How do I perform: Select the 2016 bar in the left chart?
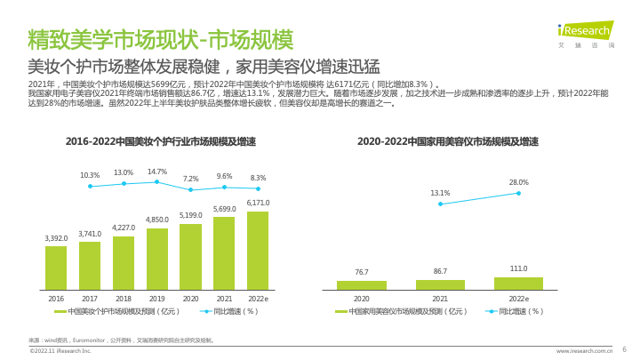pyautogui.click(x=56, y=268)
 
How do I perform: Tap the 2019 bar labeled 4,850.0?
pyautogui.click(x=157, y=259)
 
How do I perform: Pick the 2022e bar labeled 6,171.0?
pyautogui.click(x=258, y=250)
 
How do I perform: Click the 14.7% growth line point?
pyautogui.click(x=157, y=181)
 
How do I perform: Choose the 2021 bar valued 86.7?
pyautogui.click(x=440, y=284)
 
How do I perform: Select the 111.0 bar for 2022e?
pyautogui.click(x=518, y=283)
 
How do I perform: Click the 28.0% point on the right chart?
pyautogui.click(x=518, y=193)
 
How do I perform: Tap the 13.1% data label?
pyautogui.click(x=440, y=193)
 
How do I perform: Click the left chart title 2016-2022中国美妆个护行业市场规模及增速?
pyautogui.click(x=161, y=141)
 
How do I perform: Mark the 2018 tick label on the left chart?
pyautogui.click(x=124, y=300)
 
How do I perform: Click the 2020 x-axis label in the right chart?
pyautogui.click(x=362, y=300)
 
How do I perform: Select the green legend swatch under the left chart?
pyautogui.click(x=60, y=312)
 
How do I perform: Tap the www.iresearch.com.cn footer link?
pyautogui.click(x=584, y=351)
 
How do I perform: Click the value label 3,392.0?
pyautogui.click(x=56, y=238)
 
